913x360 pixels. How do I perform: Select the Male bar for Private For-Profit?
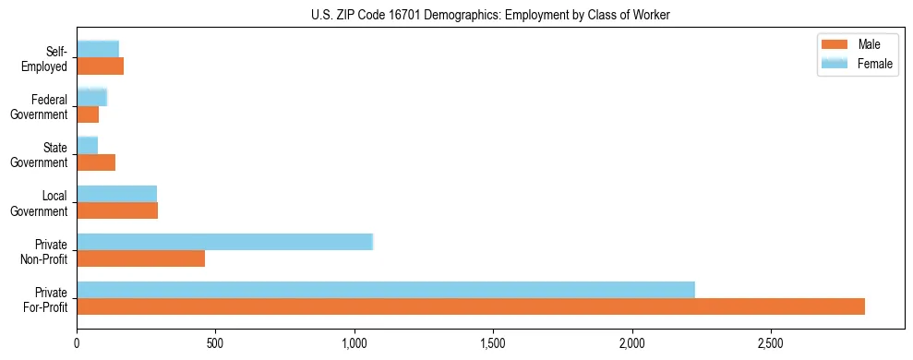[x=471, y=306]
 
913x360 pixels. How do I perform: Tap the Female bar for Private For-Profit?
[x=385, y=289]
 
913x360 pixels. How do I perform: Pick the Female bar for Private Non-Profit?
[x=224, y=241]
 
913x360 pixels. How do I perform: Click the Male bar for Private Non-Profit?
[x=140, y=258]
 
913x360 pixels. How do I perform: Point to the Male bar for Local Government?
[x=117, y=210]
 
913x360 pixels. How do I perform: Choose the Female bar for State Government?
[x=87, y=145]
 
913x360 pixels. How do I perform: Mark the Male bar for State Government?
[x=96, y=162]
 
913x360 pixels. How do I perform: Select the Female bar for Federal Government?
[x=91, y=97]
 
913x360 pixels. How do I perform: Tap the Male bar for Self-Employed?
[x=100, y=66]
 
